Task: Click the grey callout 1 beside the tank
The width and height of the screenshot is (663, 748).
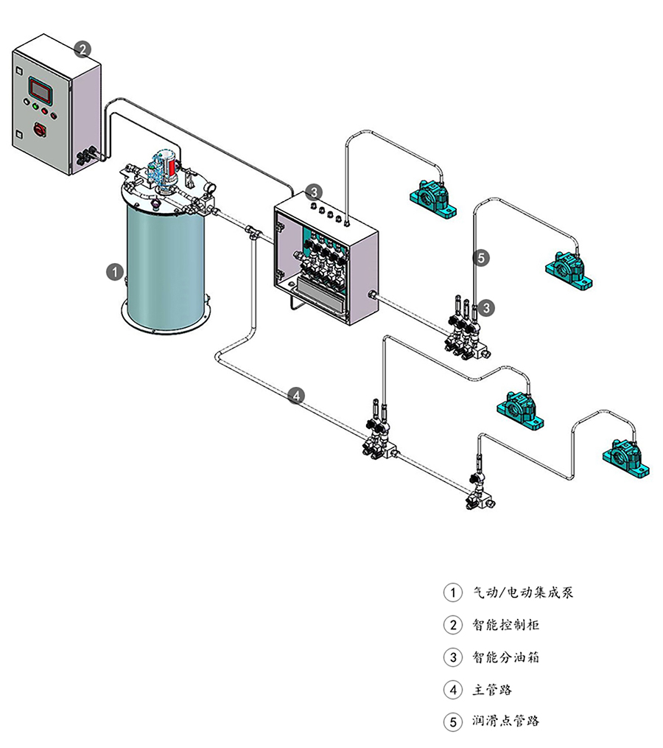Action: click(x=114, y=271)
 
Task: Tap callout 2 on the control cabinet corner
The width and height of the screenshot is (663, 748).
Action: click(x=83, y=49)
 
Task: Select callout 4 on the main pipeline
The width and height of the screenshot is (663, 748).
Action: click(x=296, y=396)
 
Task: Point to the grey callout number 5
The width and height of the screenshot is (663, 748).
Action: click(x=481, y=258)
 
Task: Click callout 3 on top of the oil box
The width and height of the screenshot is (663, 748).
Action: click(x=314, y=192)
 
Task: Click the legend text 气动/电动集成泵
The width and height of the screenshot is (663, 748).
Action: click(x=522, y=592)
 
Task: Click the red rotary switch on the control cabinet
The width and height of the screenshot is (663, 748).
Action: click(x=40, y=130)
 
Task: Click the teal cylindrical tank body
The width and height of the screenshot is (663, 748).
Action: click(x=164, y=265)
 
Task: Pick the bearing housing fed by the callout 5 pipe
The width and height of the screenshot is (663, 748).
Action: click(x=569, y=268)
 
